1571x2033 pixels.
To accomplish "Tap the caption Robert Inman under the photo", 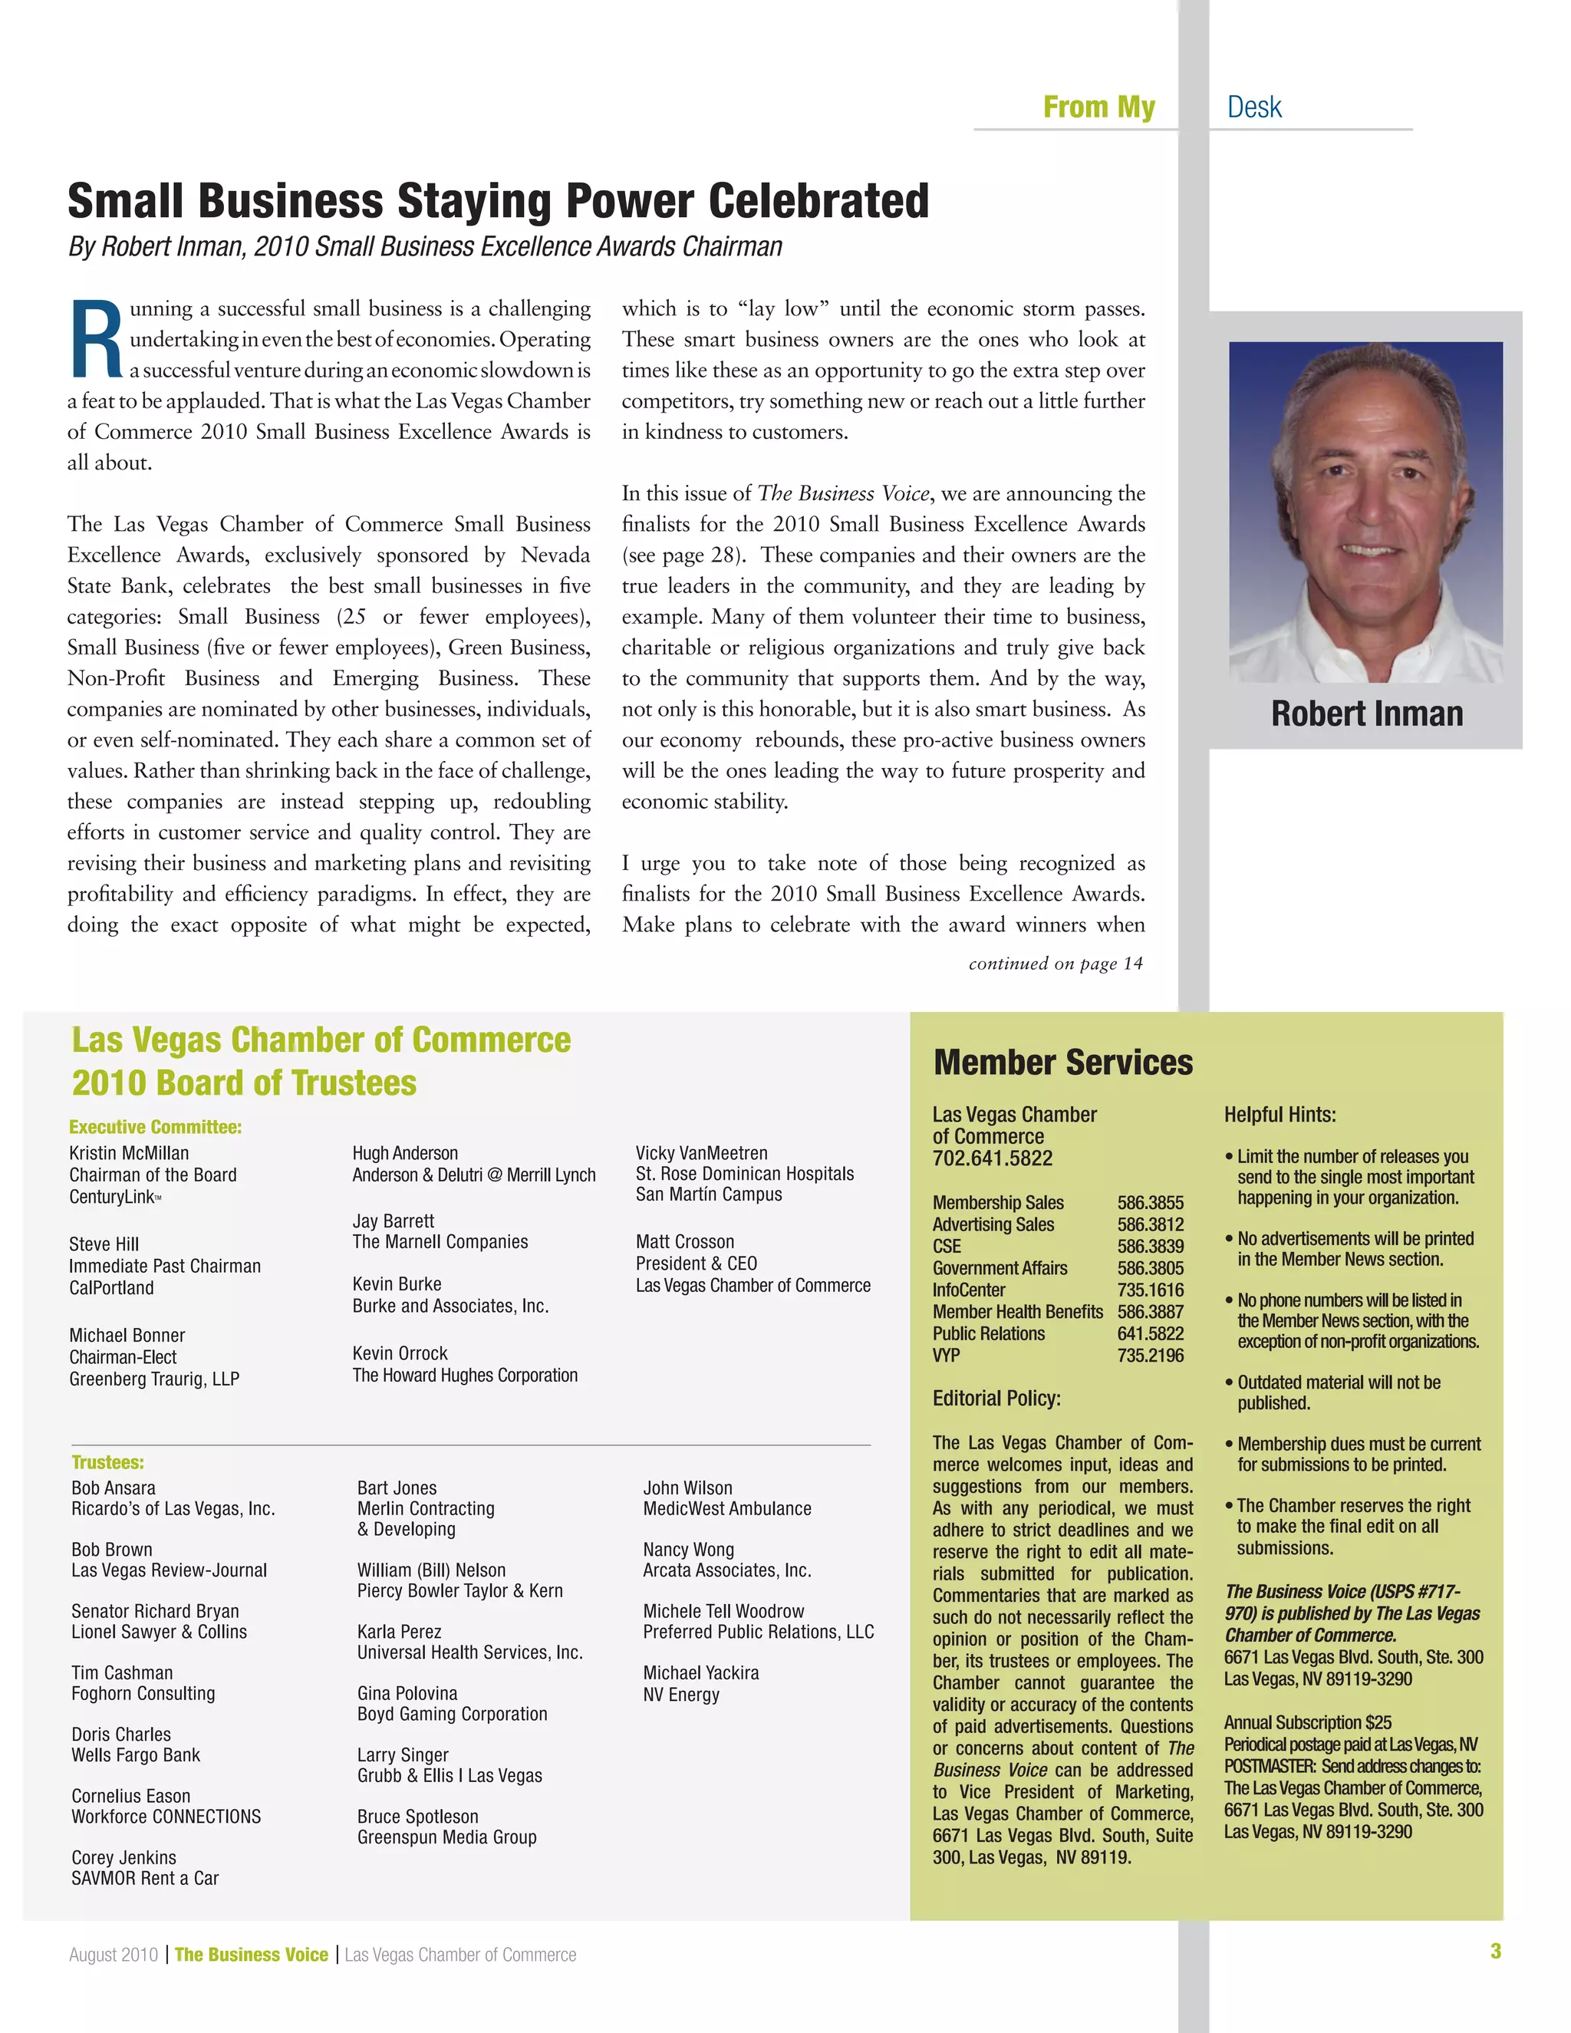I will [1366, 714].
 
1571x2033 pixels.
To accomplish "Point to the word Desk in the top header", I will [1253, 108].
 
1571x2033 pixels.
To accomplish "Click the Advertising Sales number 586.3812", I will [1151, 1224].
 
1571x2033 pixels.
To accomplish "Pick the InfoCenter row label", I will [969, 1290].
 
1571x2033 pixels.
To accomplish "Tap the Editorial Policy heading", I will [996, 1398].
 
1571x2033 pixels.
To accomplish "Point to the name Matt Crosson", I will [684, 1242].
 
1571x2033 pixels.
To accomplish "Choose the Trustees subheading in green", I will [107, 1462].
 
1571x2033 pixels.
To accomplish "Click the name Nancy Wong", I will [688, 1550].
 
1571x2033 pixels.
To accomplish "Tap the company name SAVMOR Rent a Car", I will [145, 1877].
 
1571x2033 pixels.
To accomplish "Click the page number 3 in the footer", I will [1495, 1951].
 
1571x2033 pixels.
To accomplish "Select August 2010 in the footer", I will [114, 1955].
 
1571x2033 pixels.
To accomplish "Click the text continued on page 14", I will [1056, 964].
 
